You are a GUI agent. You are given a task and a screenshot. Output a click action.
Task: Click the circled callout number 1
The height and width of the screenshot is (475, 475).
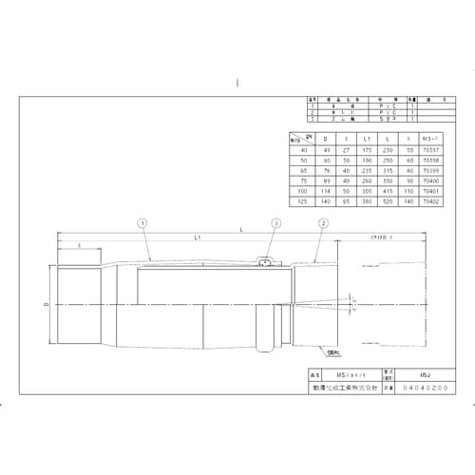click(142, 223)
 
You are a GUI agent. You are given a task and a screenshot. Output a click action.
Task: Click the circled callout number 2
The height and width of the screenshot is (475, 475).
click(323, 223)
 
